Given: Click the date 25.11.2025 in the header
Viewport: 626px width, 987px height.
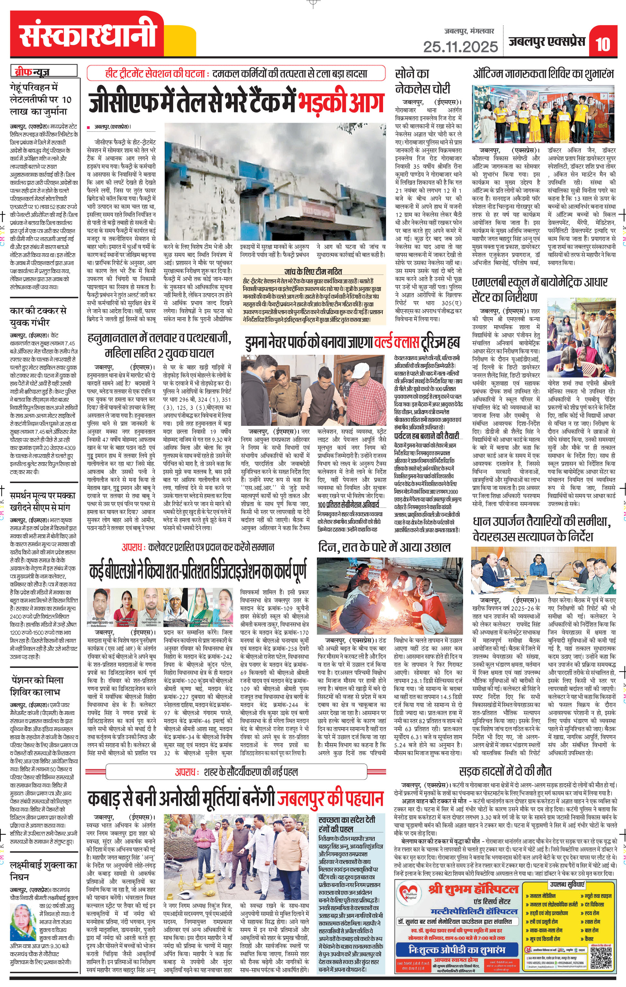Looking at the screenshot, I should (461, 47).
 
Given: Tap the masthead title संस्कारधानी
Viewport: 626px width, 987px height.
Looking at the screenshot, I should (88, 34).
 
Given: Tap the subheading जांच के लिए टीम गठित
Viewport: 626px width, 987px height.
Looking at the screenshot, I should (313, 271).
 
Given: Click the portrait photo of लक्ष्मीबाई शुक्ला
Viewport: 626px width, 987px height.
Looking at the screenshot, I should (24, 930).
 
